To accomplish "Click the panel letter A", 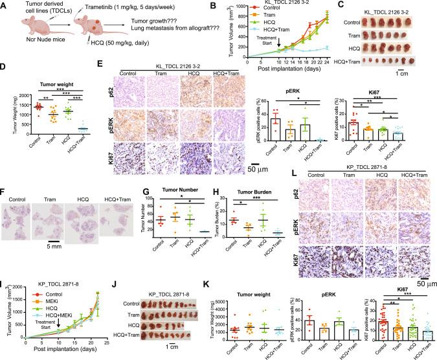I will coord(5,6).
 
